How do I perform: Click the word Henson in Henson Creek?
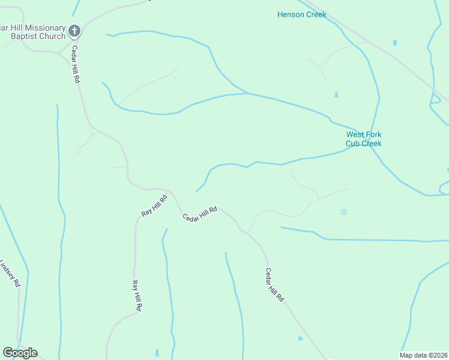tap(291, 14)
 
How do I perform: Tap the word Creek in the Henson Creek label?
tap(316, 14)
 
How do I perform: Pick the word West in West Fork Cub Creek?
tap(355, 135)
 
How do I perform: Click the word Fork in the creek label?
tap(373, 135)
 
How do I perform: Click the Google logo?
tap(20, 353)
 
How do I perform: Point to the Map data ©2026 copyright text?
tap(423, 355)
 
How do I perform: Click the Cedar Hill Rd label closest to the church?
tap(76, 64)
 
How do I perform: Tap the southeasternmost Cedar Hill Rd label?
tap(274, 284)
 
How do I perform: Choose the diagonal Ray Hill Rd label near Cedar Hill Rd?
tap(154, 205)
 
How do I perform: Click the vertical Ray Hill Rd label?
tap(137, 295)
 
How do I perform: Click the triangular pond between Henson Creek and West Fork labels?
tap(336, 94)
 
